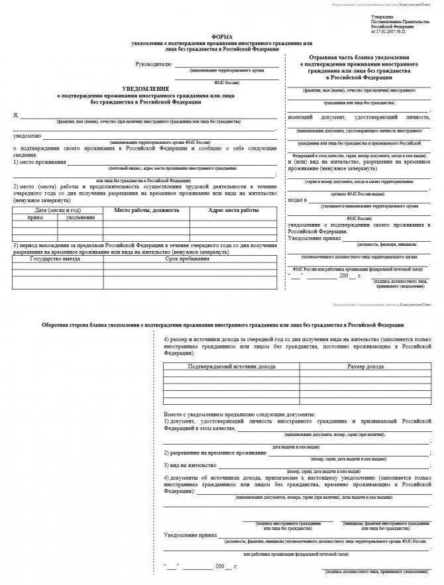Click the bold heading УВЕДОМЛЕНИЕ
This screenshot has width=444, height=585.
click(145, 88)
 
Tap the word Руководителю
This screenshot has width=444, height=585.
click(154, 64)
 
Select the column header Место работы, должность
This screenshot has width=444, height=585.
click(146, 210)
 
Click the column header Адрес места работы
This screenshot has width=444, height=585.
click(233, 210)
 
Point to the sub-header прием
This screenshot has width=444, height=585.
click(35, 217)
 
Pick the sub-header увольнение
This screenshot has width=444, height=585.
click(80, 217)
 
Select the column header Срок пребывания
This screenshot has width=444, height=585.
click(190, 259)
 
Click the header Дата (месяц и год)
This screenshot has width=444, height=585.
click(57, 210)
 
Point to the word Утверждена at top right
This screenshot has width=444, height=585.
click(383, 16)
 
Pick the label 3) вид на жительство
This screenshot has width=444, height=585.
click(190, 466)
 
